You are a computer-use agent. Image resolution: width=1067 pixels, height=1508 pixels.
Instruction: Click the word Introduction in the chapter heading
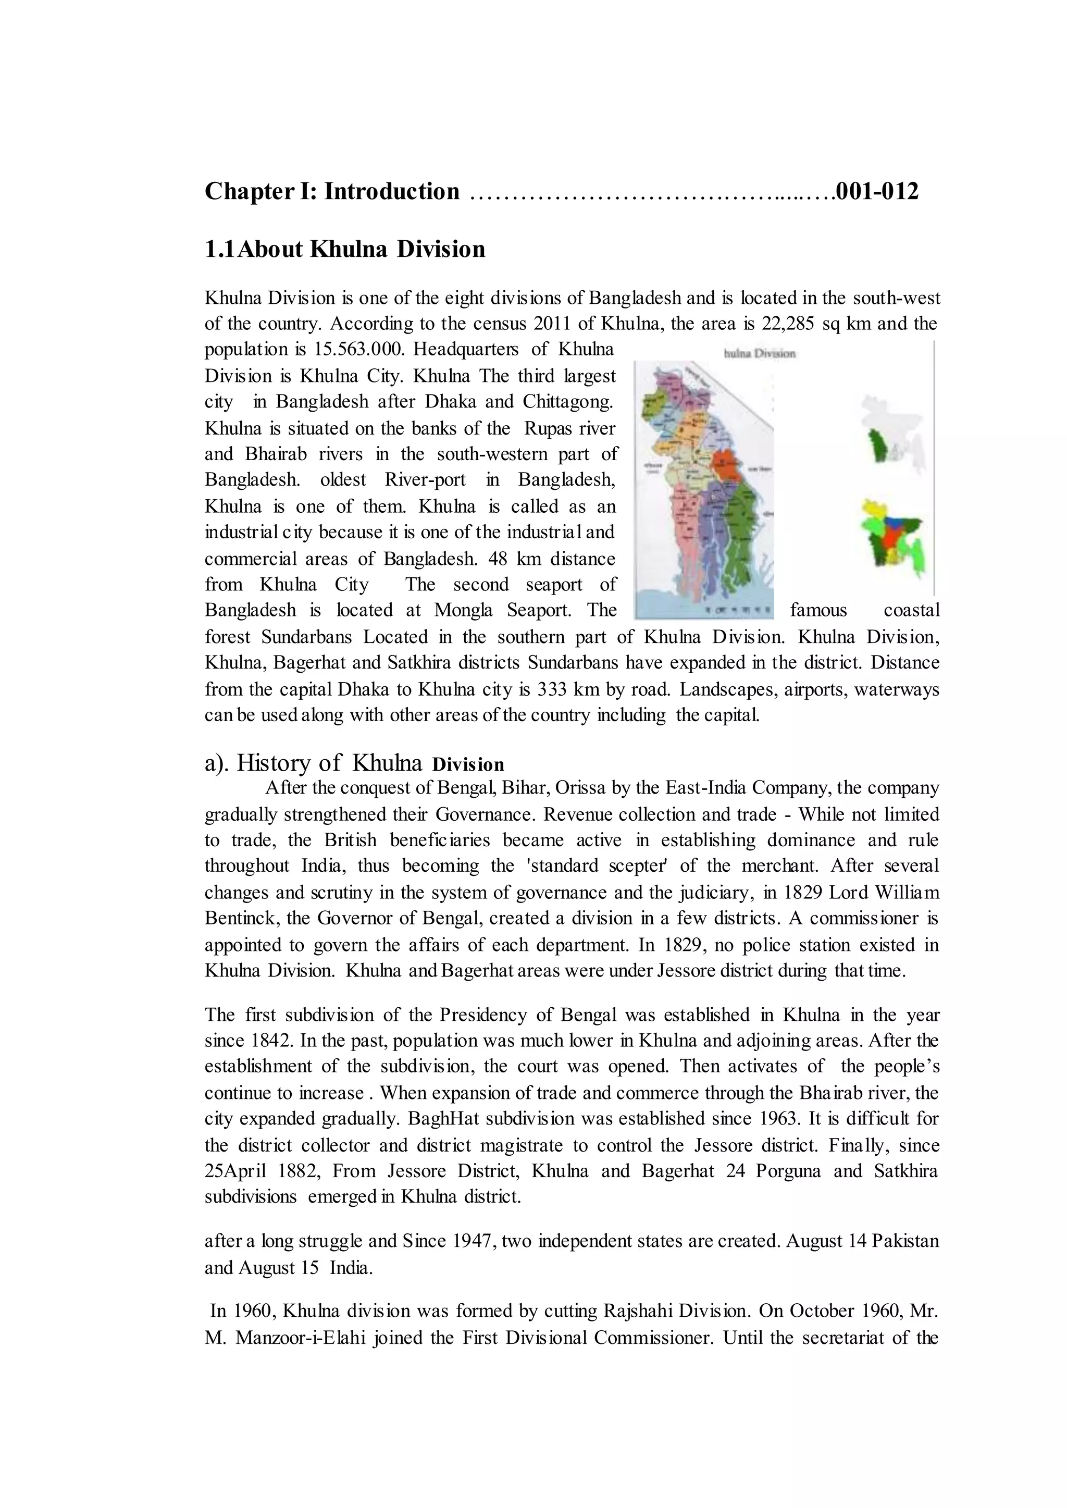[392, 191]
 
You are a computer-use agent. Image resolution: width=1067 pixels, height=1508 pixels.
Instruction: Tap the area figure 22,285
[788, 324]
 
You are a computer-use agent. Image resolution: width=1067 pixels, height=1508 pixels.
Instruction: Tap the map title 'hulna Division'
[759, 353]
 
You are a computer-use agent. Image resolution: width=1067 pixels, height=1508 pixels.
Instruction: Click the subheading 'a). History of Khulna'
[313, 763]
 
